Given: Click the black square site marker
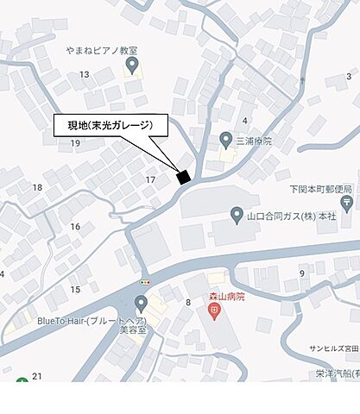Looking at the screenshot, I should (183, 177).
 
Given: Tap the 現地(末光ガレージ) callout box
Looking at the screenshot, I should (111, 126).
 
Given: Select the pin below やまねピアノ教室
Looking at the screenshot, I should (132, 66).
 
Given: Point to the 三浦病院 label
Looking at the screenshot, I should (254, 141).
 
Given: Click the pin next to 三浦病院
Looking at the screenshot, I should (225, 141).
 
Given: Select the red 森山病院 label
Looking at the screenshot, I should (226, 295).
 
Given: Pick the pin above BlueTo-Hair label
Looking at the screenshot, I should (141, 304).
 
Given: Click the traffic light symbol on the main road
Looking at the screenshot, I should (145, 283).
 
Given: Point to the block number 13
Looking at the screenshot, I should (84, 75).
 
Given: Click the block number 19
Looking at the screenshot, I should (62, 142).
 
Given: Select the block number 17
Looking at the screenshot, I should (150, 179).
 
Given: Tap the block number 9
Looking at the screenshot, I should (302, 273).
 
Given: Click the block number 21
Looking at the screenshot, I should (36, 376).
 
